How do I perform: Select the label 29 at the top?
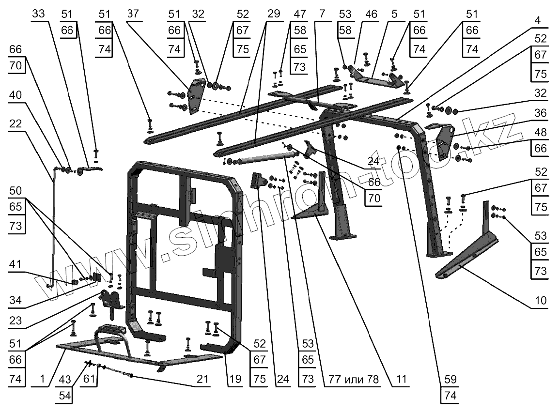273,14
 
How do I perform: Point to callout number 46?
371,14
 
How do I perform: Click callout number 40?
16,96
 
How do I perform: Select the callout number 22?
16,124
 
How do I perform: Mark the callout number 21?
202,379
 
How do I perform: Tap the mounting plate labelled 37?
195,97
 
